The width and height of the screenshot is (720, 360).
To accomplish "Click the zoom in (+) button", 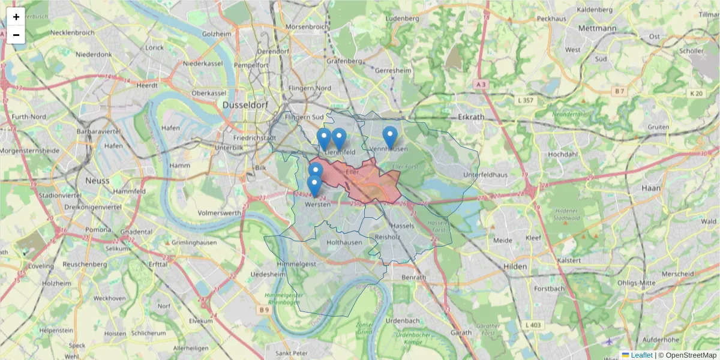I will [x=16, y=17].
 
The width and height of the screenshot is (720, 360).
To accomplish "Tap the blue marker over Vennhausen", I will [x=390, y=137].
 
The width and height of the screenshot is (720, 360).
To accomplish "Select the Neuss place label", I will [x=97, y=180].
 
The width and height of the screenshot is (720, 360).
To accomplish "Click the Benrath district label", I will [x=413, y=277].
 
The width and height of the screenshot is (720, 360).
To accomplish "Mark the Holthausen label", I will [x=344, y=242].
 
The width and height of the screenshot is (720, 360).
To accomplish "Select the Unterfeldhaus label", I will [x=485, y=175].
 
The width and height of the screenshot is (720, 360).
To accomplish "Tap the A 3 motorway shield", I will [x=480, y=85].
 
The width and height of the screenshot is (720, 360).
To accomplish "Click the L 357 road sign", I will [x=526, y=100].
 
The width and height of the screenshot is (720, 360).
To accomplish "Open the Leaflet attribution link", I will [x=641, y=355].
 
